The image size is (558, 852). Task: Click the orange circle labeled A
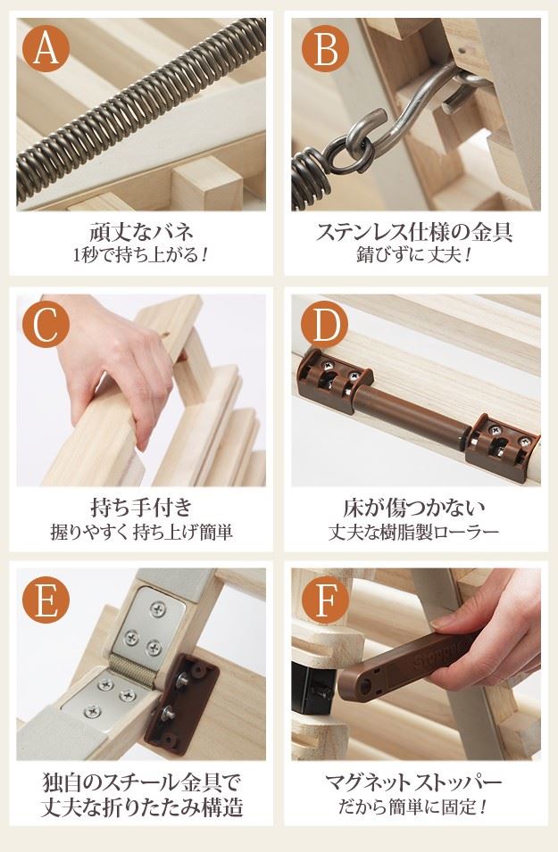coord(46,49)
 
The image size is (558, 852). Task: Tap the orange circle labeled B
coord(325,49)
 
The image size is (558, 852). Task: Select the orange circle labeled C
coord(46,325)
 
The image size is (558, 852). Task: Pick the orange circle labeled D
coord(324,325)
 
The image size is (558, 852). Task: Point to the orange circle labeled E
coord(46,600)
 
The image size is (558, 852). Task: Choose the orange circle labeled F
coord(325,600)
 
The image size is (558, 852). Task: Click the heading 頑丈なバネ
coord(141,232)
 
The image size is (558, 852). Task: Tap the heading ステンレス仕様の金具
coord(414,232)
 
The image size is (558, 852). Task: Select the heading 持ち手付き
coord(141,508)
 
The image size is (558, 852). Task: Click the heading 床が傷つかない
coord(414,508)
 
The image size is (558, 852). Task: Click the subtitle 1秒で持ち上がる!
coord(141,254)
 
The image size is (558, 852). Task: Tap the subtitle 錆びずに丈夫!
coord(414,254)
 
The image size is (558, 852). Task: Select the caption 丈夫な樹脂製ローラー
coord(414,532)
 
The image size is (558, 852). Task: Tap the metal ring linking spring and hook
coord(347,154)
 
